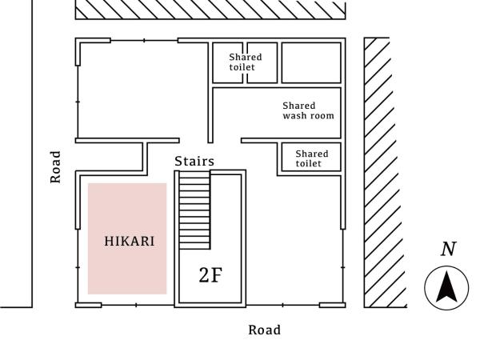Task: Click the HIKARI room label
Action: pos(129,241)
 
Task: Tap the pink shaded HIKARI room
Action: pos(128,264)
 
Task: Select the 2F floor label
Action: pos(210,276)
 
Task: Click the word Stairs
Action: pos(194,162)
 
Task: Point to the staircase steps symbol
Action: pos(193,212)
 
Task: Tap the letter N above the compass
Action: pos(448,249)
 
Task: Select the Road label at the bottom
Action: pos(264,330)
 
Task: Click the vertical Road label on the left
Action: pos(55,166)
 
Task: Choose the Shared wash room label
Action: pos(308,110)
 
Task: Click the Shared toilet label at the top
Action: pos(245,62)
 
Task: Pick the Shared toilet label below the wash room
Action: pos(311,158)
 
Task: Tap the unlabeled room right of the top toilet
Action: pos(310,62)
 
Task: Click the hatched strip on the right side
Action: pos(377,172)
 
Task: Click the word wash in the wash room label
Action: pos(294,116)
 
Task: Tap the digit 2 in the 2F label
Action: pos(205,276)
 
